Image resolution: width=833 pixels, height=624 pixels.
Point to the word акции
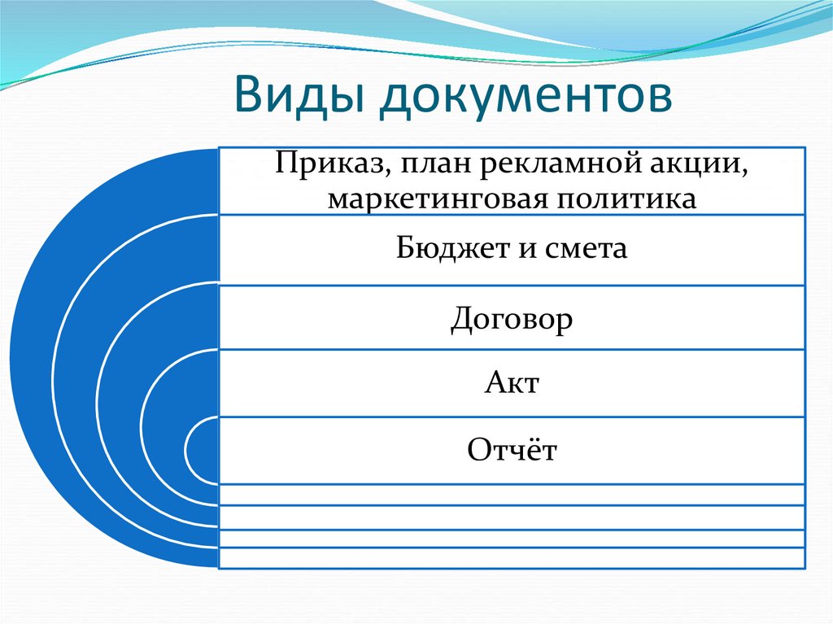coord(697,165)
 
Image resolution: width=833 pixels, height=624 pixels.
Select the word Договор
coord(512,318)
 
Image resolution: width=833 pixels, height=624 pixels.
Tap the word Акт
coord(512,382)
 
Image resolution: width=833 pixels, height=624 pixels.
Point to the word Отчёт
coord(512,449)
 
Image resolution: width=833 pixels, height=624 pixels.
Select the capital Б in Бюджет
coord(405,248)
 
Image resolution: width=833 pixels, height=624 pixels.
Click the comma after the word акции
coord(744,172)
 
